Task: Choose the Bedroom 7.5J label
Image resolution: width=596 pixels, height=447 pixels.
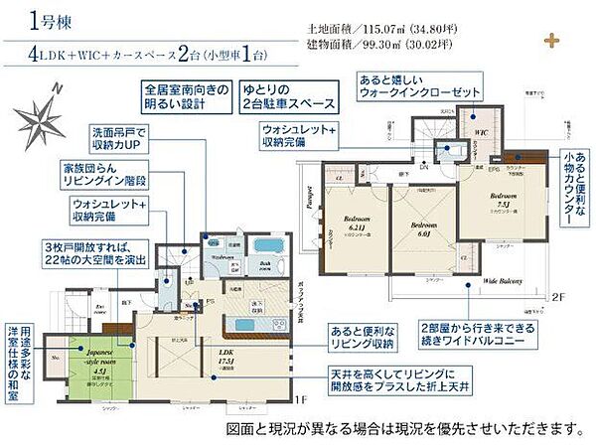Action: (501, 205)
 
